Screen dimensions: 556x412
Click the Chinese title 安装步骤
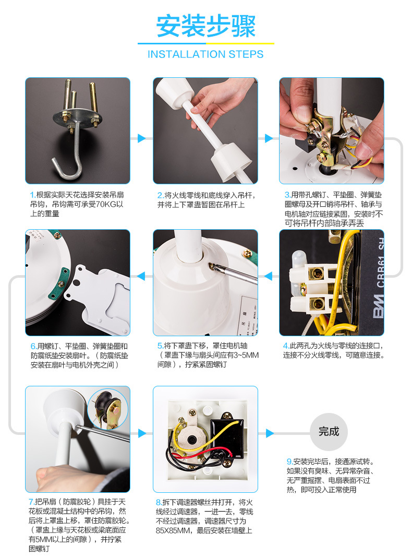click(x=205, y=26)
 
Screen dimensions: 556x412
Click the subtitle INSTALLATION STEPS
click(x=205, y=54)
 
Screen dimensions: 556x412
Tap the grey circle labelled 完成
click(x=329, y=431)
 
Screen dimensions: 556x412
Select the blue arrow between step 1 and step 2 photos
click(x=141, y=138)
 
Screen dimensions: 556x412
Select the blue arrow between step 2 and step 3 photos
click(x=269, y=138)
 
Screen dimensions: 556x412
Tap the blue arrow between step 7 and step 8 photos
click(x=141, y=433)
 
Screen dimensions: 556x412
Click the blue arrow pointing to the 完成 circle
click(x=269, y=433)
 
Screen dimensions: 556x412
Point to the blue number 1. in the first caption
click(x=32, y=195)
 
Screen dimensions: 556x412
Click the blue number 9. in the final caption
click(x=289, y=462)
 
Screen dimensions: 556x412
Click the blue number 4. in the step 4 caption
click(x=286, y=346)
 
